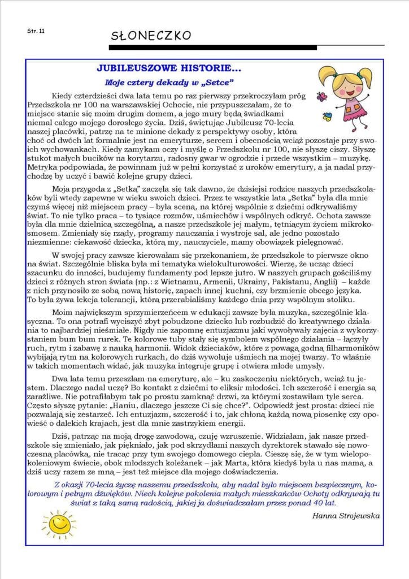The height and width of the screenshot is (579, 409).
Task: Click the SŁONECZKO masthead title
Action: tap(151, 36)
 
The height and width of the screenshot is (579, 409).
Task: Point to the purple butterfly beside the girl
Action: tap(323, 97)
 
